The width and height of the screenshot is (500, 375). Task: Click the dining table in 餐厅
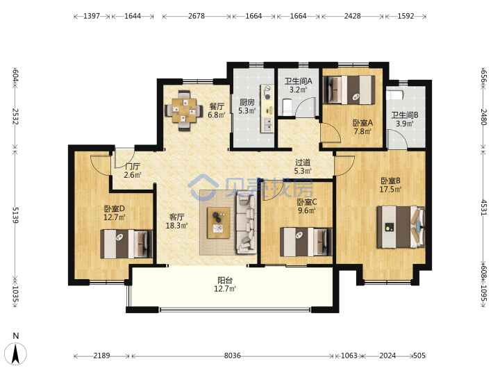183,110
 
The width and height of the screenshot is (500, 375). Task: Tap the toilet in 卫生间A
287,107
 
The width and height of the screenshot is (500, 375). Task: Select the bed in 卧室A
349,90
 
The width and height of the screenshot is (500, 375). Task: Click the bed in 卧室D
126,244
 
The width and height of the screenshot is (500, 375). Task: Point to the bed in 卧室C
306,242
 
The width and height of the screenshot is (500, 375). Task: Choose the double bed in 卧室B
401,226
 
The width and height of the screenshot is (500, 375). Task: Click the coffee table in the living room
219,223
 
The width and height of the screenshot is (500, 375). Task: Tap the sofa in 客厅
246,224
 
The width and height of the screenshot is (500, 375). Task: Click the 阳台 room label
225,281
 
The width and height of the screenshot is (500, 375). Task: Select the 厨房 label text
247,102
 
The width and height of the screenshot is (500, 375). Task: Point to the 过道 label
303,162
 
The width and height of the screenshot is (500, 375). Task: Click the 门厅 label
133,167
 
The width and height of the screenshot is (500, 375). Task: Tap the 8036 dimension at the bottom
232,356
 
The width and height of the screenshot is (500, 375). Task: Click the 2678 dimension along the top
196,16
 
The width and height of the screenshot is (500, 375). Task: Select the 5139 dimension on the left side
15,215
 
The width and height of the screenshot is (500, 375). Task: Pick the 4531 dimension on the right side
484,208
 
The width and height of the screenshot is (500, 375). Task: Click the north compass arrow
16,354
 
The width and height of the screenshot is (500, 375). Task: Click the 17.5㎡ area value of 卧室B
390,190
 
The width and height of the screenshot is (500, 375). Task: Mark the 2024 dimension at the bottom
387,356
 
